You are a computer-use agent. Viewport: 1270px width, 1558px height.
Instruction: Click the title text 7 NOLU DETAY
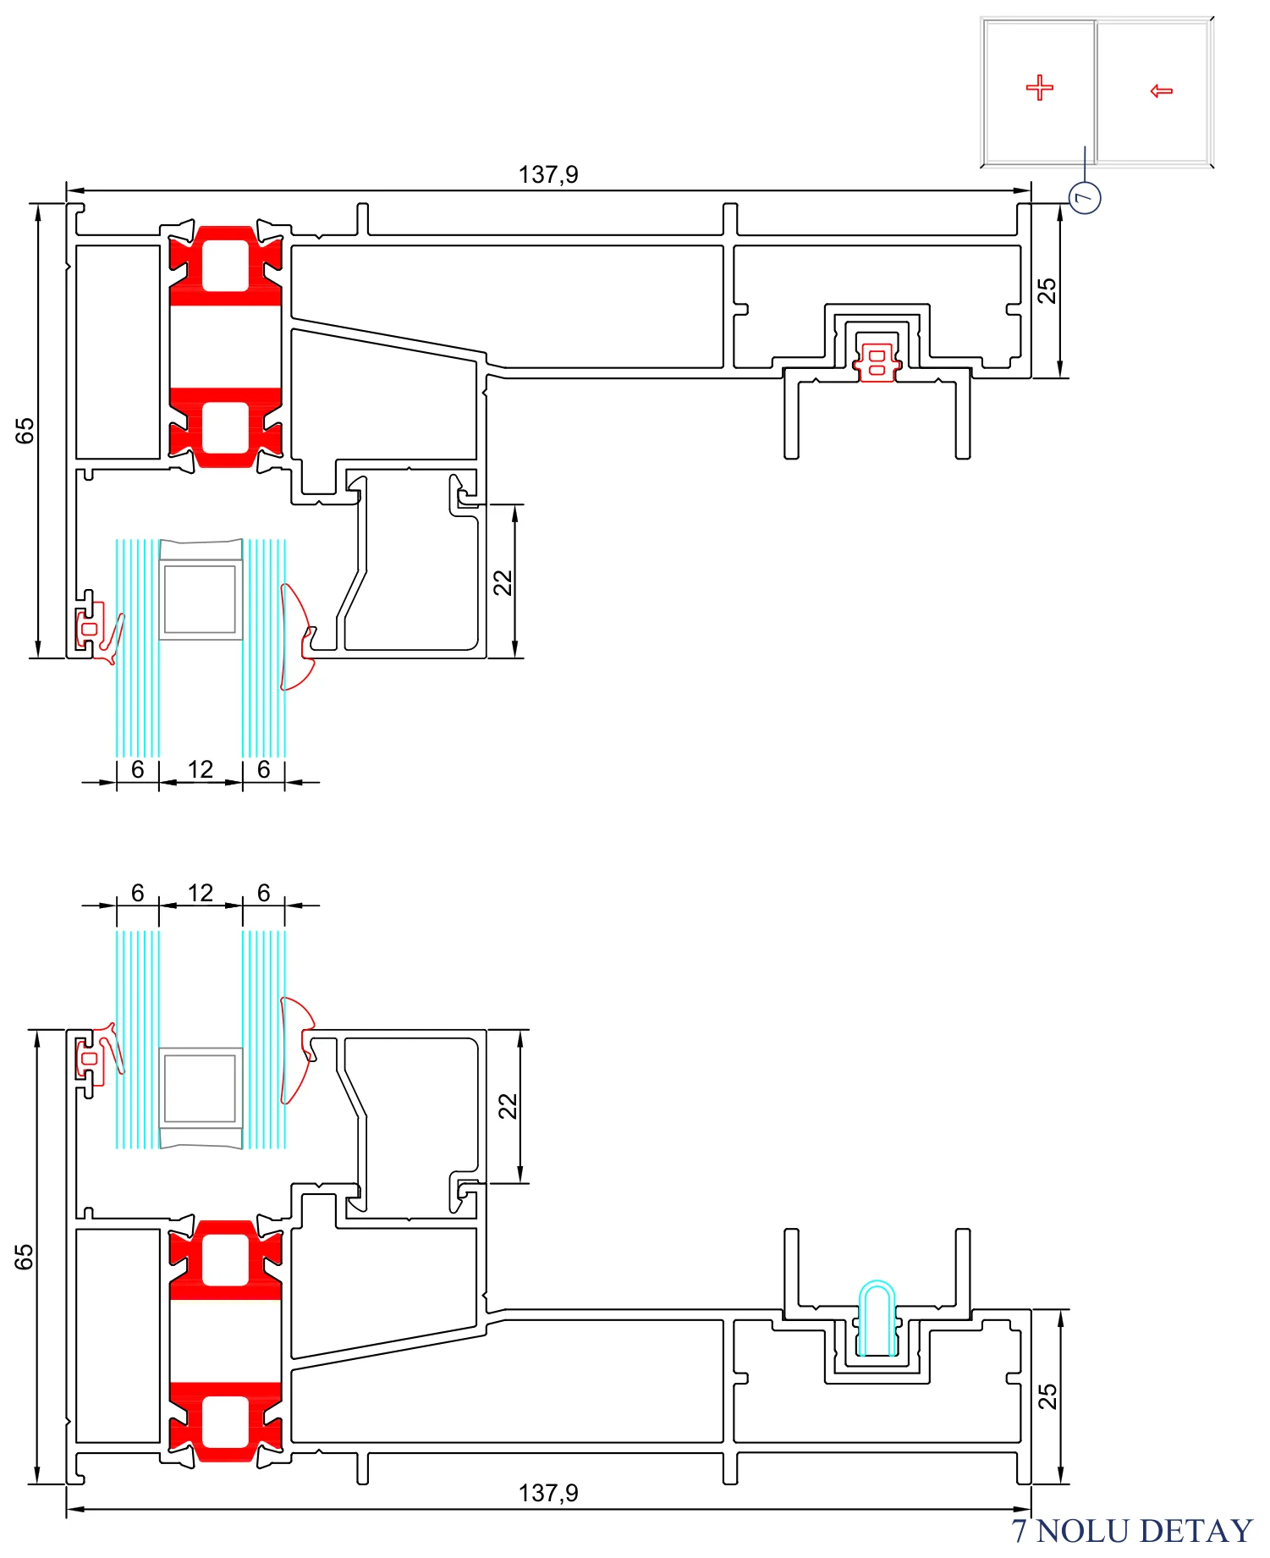coord(1131,1531)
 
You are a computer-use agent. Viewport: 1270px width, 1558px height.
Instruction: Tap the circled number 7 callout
coord(1085,198)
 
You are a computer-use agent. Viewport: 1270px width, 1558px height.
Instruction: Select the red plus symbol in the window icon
coord(1040,87)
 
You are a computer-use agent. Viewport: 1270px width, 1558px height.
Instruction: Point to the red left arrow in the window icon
coord(1162,91)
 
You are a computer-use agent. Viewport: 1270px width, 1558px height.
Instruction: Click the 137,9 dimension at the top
coord(548,174)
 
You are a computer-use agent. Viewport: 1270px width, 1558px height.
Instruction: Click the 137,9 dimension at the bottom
coord(548,1493)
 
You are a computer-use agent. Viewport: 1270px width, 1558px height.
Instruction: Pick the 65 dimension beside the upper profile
coord(25,431)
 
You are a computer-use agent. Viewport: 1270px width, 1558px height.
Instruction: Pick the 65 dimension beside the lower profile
coord(25,1257)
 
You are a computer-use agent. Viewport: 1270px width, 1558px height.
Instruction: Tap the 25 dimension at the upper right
coord(1047,290)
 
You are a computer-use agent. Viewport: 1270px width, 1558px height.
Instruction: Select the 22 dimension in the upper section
coord(503,582)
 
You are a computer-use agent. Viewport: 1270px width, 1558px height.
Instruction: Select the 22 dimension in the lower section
coord(507,1106)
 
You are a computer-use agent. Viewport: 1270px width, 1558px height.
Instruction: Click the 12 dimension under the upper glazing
coord(201,769)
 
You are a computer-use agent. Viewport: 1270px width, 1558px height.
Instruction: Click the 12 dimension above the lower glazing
coord(201,893)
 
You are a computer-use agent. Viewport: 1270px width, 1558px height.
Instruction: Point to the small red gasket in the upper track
coord(877,362)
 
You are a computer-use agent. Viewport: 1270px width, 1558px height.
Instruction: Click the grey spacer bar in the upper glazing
coord(201,589)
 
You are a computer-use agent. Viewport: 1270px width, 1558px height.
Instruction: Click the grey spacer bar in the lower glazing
coord(201,1098)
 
